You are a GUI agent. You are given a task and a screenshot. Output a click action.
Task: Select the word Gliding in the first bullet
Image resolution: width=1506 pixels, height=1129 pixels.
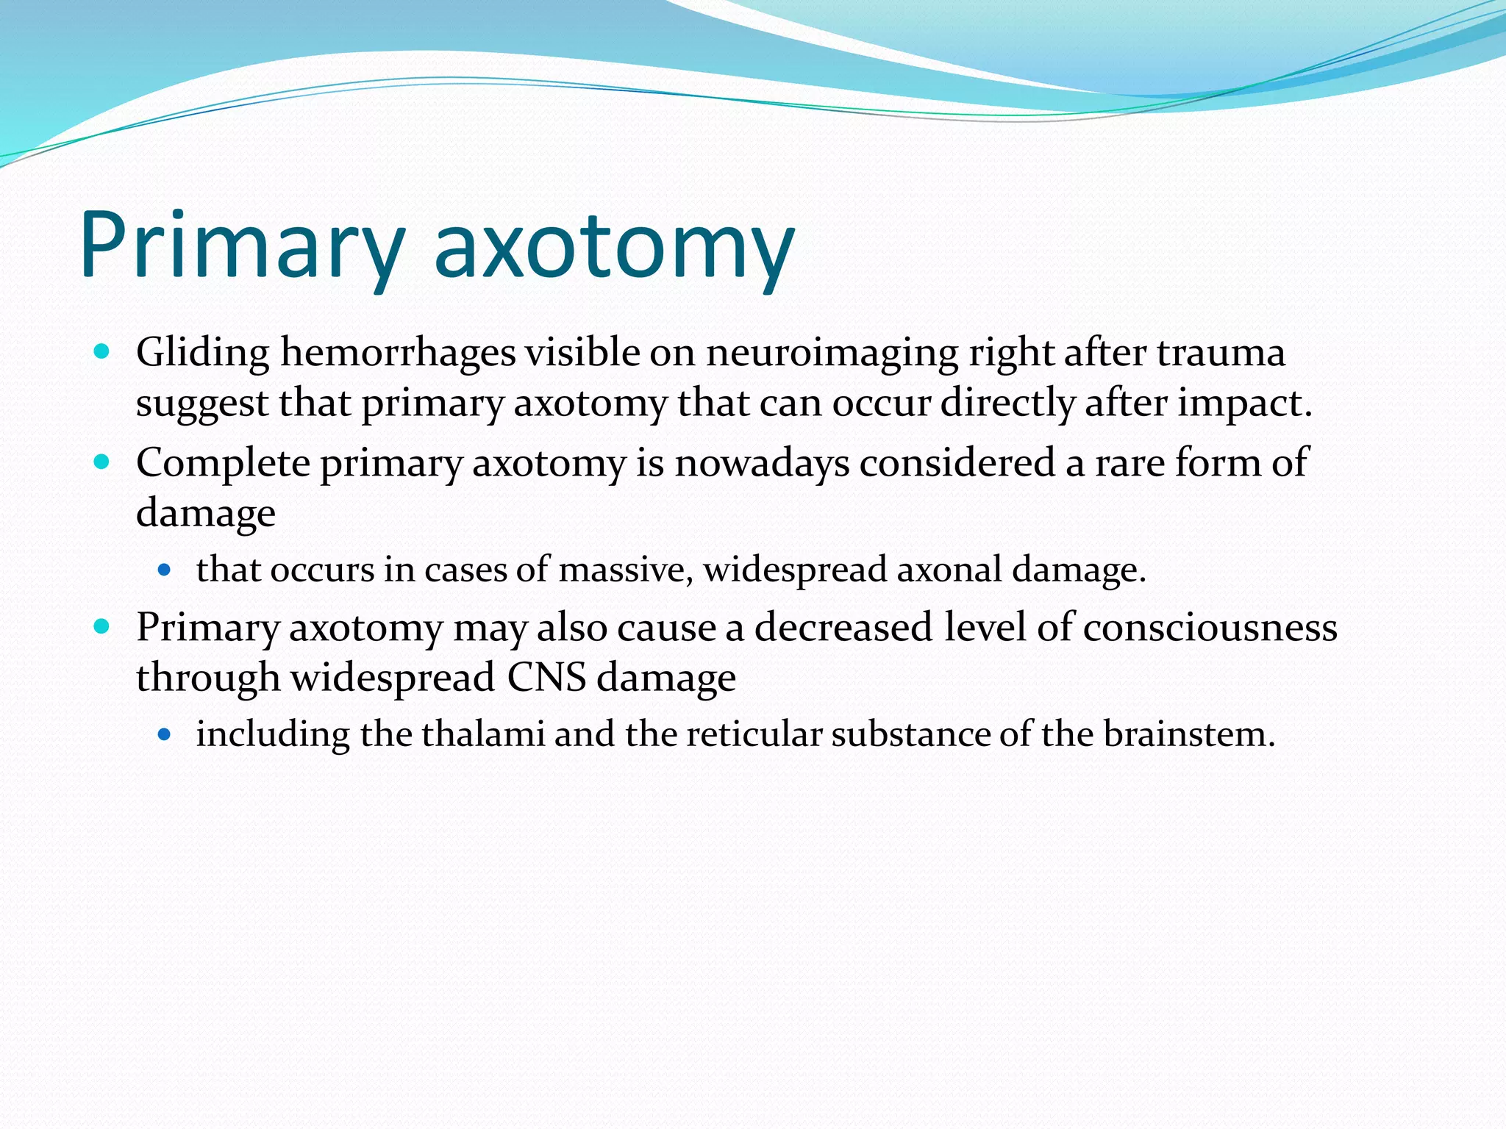pyautogui.click(x=203, y=353)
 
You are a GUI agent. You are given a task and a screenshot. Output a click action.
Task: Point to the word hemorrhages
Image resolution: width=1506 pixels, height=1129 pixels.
pyautogui.click(x=398, y=353)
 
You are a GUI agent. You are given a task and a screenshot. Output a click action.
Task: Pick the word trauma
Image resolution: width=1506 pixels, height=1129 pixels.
pyautogui.click(x=1221, y=353)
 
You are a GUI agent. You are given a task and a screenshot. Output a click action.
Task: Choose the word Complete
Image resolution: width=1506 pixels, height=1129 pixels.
pyautogui.click(x=223, y=463)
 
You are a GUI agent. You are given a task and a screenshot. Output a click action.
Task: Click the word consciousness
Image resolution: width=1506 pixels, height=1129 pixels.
pyautogui.click(x=1210, y=628)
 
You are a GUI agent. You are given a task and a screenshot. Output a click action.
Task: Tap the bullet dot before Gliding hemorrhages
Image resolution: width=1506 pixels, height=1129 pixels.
pyautogui.click(x=102, y=351)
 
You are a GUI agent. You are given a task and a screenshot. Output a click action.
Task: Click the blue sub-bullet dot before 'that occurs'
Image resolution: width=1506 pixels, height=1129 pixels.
pyautogui.click(x=164, y=569)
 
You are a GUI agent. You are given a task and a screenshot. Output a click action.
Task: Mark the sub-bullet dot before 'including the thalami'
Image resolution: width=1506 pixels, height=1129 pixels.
pyautogui.click(x=164, y=734)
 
